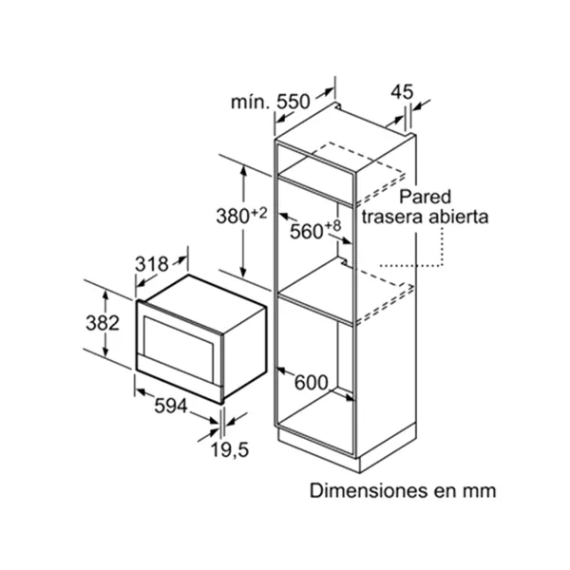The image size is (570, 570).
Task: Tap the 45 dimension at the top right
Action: click(x=403, y=92)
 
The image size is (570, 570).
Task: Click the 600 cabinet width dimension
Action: click(x=311, y=382)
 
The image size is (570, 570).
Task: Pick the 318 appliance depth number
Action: click(x=152, y=264)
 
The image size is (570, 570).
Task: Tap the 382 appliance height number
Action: click(x=102, y=323)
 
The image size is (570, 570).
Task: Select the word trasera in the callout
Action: click(x=393, y=217)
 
